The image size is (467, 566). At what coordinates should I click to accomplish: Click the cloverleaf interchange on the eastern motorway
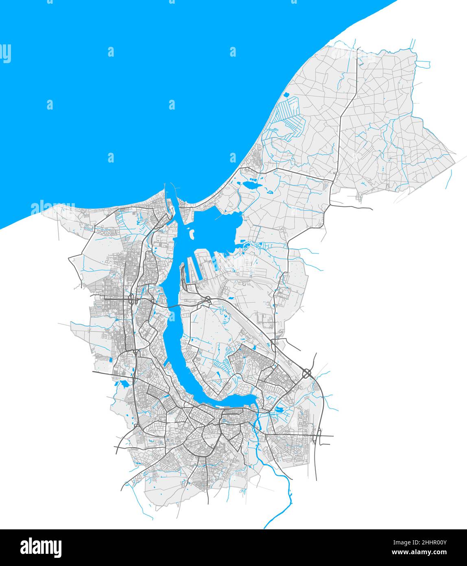tap(307, 373)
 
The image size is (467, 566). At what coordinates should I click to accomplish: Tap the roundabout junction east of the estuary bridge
tap(208, 301)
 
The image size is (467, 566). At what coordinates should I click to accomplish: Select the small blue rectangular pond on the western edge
tap(111, 359)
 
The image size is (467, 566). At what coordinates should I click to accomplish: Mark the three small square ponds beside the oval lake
tap(252, 178)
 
